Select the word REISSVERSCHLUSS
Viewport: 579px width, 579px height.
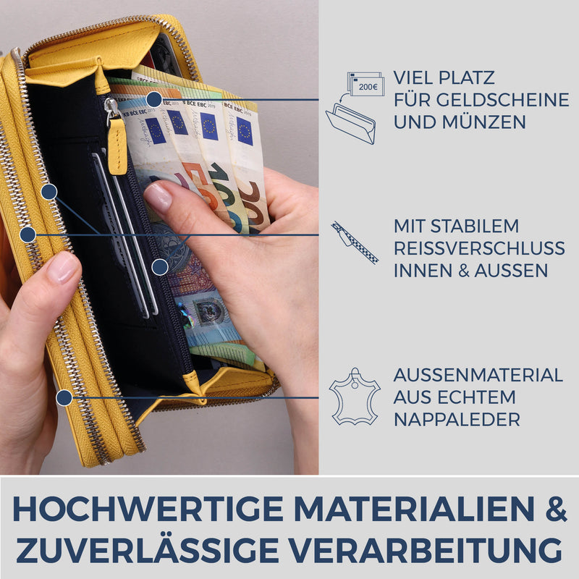point(479,248)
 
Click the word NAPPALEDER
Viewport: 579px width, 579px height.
point(457,420)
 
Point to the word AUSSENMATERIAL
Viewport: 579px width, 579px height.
point(478,375)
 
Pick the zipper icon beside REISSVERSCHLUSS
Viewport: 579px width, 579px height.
point(355,242)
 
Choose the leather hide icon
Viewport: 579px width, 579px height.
point(355,396)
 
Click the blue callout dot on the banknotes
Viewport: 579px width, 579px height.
point(153,99)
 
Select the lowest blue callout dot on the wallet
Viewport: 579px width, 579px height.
point(64,397)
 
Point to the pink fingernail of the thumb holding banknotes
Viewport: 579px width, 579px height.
point(157,197)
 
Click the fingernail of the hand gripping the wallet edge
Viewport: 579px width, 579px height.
point(64,267)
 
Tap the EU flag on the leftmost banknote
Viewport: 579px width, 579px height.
point(155,131)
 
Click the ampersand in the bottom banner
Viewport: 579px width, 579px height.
point(554,509)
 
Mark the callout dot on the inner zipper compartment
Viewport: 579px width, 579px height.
point(160,266)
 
